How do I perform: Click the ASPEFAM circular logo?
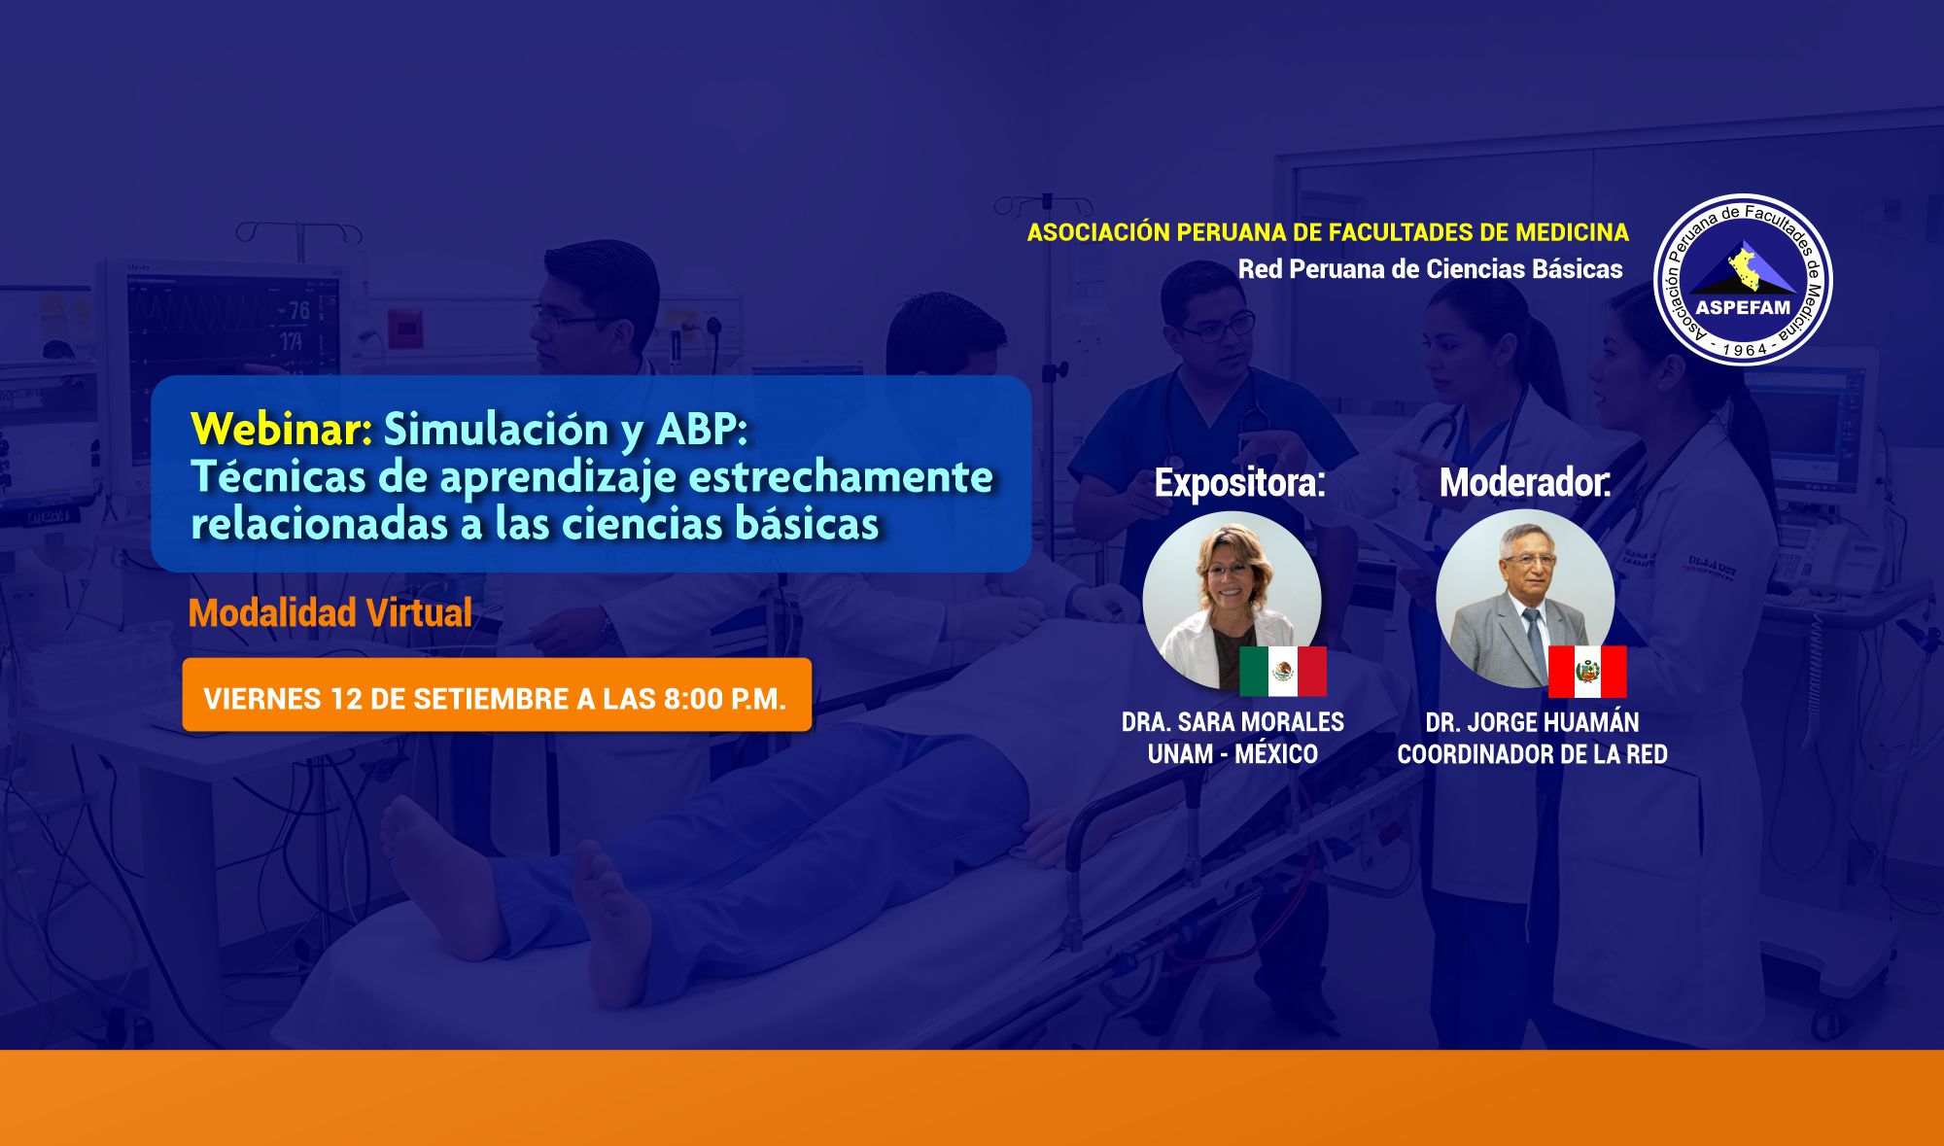pos(1743,280)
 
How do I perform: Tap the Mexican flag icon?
pos(1283,671)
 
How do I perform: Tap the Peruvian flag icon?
pos(1587,671)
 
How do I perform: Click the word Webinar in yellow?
pos(282,429)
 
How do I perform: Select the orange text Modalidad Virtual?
pos(330,612)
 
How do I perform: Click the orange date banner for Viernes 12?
pos(497,695)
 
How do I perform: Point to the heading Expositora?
pos(1239,483)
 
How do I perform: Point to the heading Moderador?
pos(1525,483)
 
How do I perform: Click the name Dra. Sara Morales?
pos(1232,722)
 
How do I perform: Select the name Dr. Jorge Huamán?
pos(1532,722)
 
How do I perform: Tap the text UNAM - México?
pos(1232,754)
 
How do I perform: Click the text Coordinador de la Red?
pos(1532,754)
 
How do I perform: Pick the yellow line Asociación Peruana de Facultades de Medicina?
pos(1328,232)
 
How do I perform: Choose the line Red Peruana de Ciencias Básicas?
pos(1430,269)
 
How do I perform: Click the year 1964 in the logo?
pos(1744,350)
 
